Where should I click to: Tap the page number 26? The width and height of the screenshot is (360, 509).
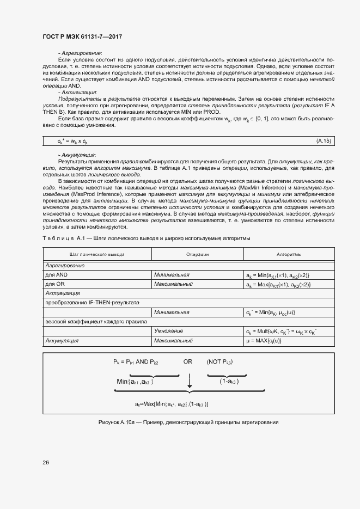coord(46,462)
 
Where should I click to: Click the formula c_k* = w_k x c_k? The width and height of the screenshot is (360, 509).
coord(72,141)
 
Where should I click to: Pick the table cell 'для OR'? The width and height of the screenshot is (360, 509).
coord(55,284)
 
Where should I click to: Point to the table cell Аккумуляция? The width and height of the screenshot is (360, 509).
coord(62,341)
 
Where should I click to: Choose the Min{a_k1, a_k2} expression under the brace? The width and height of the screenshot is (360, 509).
coord(135,382)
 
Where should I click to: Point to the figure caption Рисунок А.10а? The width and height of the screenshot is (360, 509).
coord(188,422)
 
